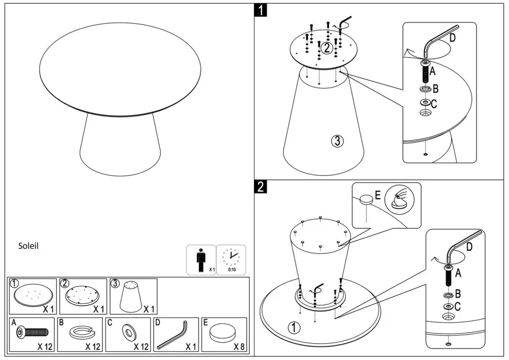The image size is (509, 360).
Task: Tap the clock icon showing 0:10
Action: point(231,258)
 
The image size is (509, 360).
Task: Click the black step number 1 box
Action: point(261,9)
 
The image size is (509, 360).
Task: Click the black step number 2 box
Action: point(261,186)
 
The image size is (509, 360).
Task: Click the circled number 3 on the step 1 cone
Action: point(338,140)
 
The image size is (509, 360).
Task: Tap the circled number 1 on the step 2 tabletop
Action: point(294,328)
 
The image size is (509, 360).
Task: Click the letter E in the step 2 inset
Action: point(377,196)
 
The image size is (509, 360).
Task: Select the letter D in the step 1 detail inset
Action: point(453,38)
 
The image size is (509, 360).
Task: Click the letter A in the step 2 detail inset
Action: point(458,273)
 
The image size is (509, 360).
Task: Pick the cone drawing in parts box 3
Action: point(133,297)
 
